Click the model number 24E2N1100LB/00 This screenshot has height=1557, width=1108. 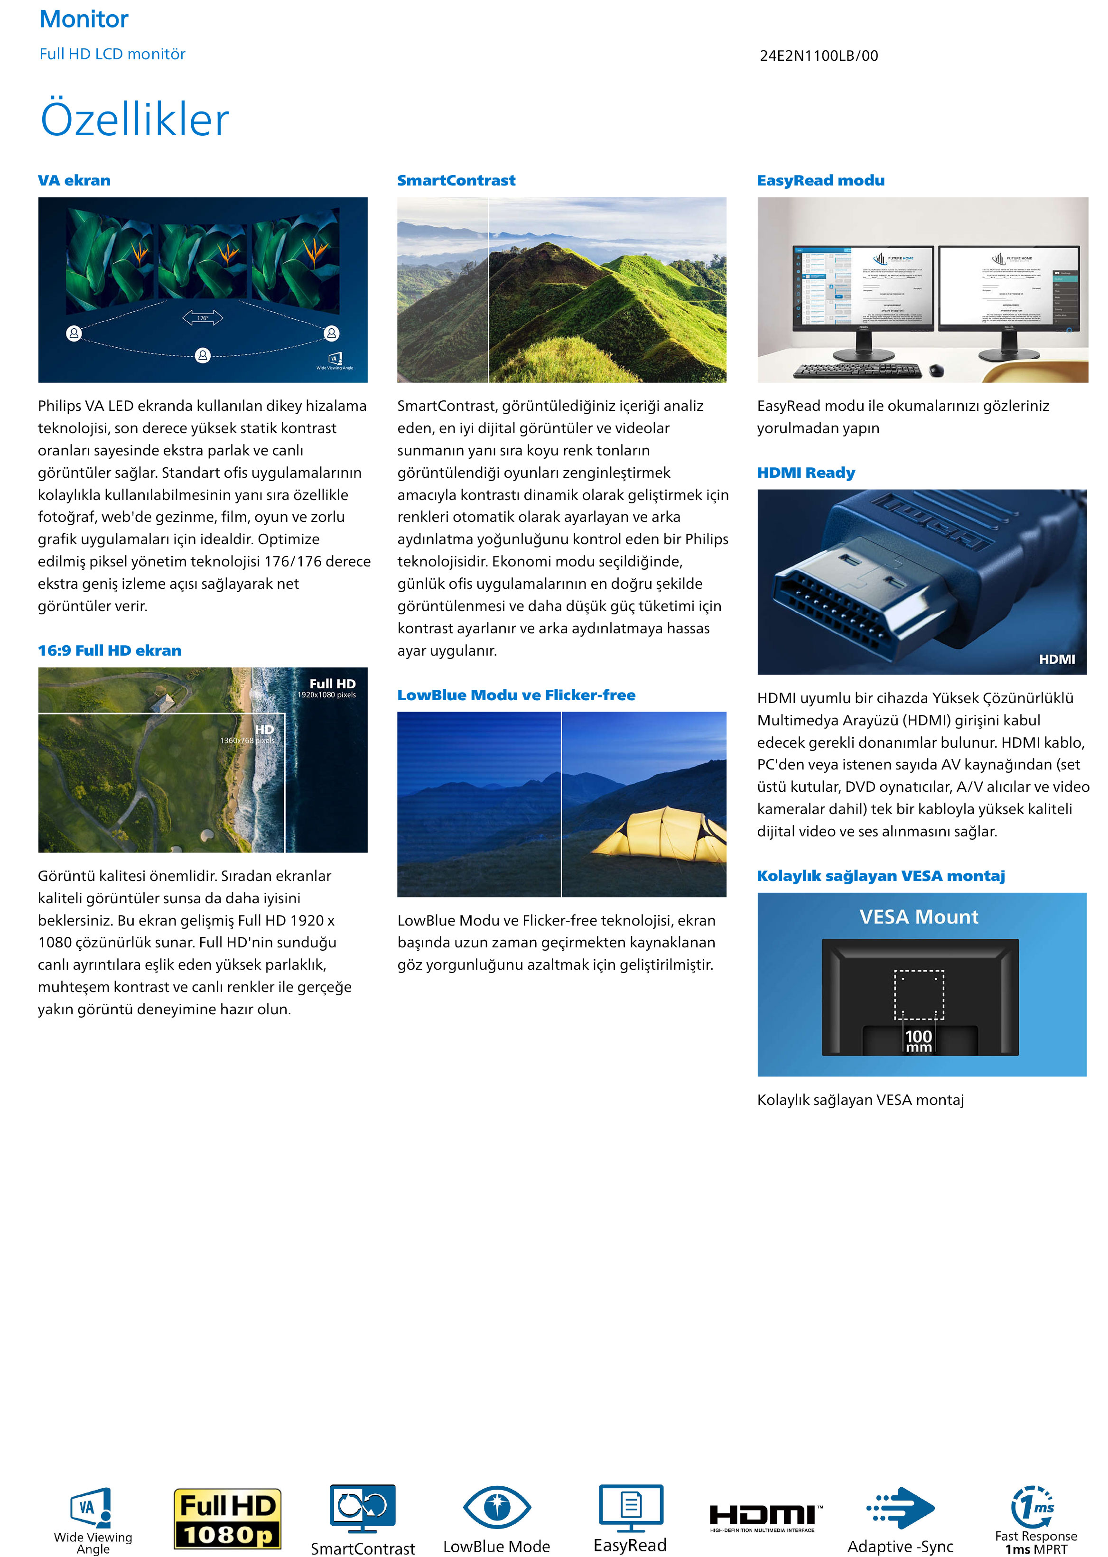coord(818,56)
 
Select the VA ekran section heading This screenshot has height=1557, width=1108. coord(74,181)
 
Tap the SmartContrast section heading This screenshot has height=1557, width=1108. coord(456,181)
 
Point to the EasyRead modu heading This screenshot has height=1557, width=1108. coord(820,181)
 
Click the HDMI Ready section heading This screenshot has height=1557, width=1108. coord(805,473)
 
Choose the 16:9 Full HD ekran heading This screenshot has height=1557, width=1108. coord(109,650)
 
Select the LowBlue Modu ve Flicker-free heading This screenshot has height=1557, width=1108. coord(516,695)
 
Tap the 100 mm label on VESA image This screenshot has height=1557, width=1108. coord(918,1040)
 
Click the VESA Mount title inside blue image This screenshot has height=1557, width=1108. coord(918,917)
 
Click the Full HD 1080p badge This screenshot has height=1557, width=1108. coord(227,1518)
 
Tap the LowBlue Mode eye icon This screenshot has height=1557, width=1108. coord(497,1507)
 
